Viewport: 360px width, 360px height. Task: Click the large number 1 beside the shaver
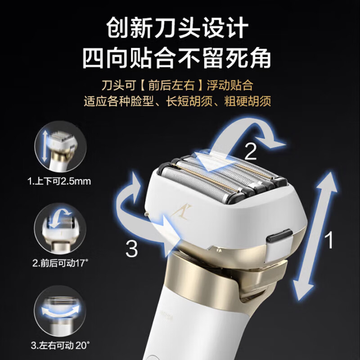click(x=330, y=241)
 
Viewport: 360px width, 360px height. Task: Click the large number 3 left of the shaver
click(x=131, y=249)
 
